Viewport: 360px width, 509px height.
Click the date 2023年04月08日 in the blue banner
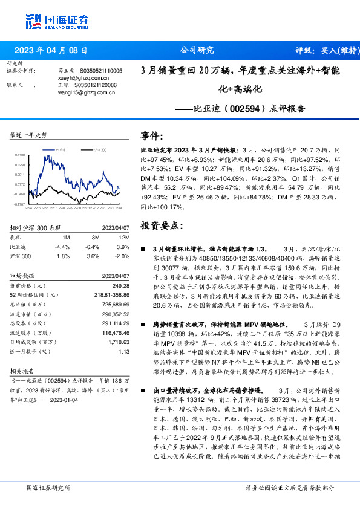tap(54, 51)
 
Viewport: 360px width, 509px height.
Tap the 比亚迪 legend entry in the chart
tap(60, 149)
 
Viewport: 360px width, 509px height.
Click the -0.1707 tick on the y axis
tap(19, 204)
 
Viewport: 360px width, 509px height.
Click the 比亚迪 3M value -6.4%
tap(91, 247)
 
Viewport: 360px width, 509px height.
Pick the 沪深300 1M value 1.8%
tap(62, 256)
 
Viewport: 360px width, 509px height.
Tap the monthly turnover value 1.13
tap(125, 351)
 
